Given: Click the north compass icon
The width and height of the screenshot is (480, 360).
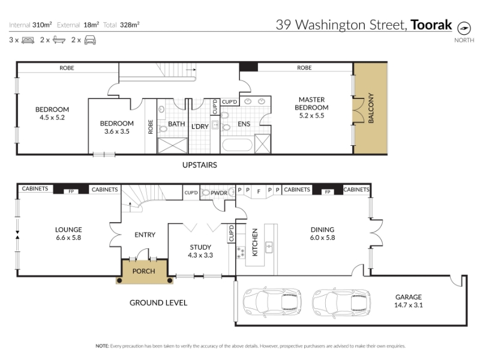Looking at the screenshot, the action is pos(464,28).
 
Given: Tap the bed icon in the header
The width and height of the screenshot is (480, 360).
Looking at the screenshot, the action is pos(28,40).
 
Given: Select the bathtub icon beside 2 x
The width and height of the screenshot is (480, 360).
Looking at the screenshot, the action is pos(59,40).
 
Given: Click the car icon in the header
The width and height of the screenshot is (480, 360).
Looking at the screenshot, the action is pos(90,40).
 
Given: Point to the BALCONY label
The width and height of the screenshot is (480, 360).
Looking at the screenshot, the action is pos(371,108).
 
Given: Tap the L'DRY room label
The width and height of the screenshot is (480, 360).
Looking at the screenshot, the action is pos(200,127).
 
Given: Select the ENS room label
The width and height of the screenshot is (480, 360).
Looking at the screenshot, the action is pos(244,124).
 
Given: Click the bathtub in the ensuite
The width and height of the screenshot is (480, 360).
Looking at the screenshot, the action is pos(237,145).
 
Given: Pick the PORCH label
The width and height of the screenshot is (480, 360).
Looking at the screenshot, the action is pos(143,271).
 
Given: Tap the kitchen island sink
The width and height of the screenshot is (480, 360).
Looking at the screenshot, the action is pos(269,247).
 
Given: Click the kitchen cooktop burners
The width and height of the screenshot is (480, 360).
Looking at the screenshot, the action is pos(241,253).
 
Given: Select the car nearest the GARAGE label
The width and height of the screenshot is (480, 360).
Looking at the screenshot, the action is pos(342,302).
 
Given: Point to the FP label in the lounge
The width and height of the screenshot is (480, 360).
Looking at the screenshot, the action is pos(71,191).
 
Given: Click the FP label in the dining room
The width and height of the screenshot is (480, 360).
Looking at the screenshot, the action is pos(328,192).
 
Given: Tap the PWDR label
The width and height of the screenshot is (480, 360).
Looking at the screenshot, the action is pos(219,193).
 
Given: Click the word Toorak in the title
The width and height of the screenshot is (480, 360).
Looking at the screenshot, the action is pos(431,25).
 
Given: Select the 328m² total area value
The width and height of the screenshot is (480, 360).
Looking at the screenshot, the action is pos(130,25).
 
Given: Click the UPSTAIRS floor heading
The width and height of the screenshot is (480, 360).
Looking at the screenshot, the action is pos(200,165).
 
